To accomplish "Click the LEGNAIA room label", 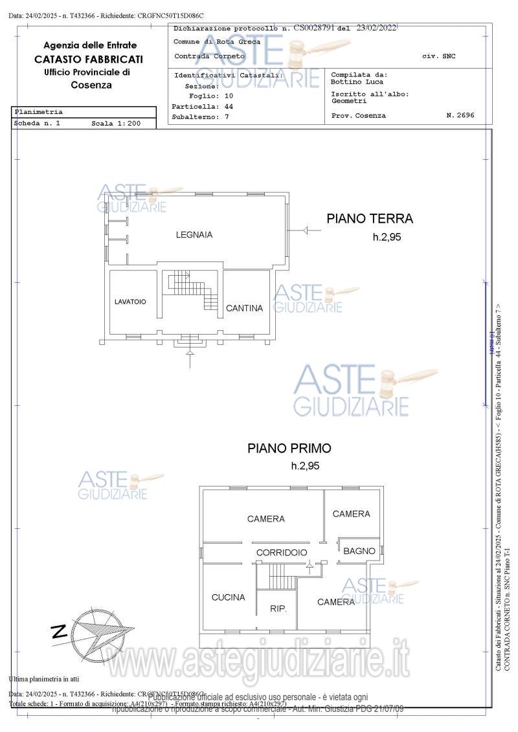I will click(x=194, y=235).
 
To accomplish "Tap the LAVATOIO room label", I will click(x=130, y=302).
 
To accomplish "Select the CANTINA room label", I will click(x=244, y=308).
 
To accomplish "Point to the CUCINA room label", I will click(x=228, y=597).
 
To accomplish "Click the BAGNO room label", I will click(x=359, y=551).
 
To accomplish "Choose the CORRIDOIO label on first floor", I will click(x=281, y=553).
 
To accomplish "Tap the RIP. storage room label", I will click(x=278, y=608).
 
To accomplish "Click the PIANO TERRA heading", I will click(x=369, y=219).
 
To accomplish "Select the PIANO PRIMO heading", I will click(x=289, y=448).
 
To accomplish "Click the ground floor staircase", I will click(x=194, y=291).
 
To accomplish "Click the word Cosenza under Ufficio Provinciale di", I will click(x=91, y=85).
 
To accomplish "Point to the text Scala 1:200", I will click(x=115, y=122).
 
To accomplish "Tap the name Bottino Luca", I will click(x=357, y=82).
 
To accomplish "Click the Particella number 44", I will click(x=229, y=106).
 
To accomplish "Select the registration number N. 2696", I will click(x=460, y=115).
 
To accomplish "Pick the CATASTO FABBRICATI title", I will click(x=90, y=59).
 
